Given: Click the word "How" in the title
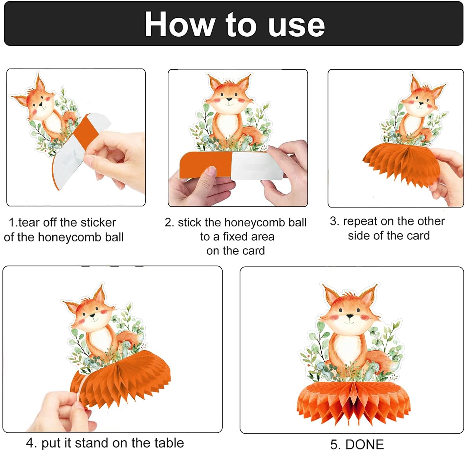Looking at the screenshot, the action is click(179, 25).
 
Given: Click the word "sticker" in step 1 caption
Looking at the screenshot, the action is click(98, 222).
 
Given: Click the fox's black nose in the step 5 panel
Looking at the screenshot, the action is click(350, 316).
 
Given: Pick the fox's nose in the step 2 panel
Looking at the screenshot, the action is click(229, 99).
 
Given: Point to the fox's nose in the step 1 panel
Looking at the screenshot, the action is click(41, 104).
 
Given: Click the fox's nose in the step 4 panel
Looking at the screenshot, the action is click(92, 316).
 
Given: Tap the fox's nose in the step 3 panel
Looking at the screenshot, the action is click(421, 103).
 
